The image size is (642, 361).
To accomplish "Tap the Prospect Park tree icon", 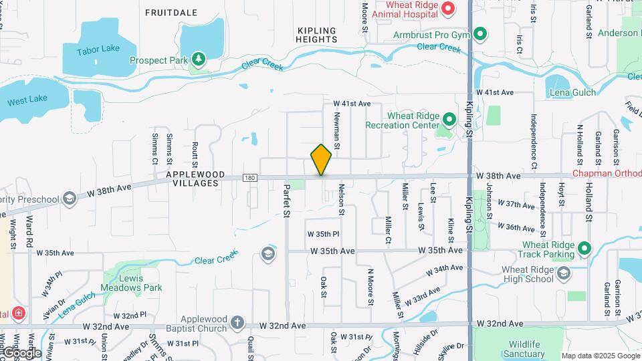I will (x=198, y=60).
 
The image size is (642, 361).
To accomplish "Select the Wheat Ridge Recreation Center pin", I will (x=449, y=120).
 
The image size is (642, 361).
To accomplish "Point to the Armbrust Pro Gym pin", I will (x=479, y=33).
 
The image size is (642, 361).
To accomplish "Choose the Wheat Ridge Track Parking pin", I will (x=584, y=249).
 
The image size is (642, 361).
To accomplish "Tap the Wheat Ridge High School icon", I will (x=564, y=273).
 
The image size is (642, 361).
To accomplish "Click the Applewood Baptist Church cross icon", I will (x=237, y=324).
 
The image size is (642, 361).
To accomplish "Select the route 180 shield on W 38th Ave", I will (x=249, y=178).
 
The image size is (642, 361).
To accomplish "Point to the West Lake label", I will (x=27, y=99).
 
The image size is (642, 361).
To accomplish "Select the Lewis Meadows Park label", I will (x=132, y=283).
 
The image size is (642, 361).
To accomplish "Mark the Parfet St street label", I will (x=286, y=201).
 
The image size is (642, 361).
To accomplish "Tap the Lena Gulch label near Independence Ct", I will (x=571, y=92).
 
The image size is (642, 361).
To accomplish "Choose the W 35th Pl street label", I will (x=324, y=234).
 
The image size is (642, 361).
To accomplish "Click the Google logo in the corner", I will (x=21, y=352).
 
